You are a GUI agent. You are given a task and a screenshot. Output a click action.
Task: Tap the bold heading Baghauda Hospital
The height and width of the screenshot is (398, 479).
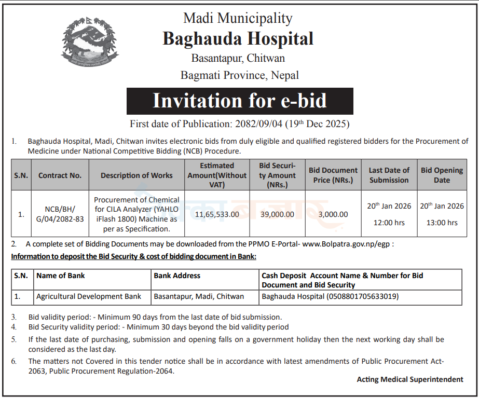point(238,38)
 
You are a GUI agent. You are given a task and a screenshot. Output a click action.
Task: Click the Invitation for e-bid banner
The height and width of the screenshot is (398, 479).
point(240,101)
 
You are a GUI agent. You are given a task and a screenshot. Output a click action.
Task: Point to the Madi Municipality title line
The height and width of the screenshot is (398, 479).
point(238,18)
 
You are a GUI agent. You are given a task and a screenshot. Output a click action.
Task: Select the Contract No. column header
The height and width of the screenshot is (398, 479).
point(60,175)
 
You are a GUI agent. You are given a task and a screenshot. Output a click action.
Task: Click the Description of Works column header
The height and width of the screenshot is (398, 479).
point(136,175)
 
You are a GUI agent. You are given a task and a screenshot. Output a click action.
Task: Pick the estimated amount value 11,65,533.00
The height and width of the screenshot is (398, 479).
point(217,214)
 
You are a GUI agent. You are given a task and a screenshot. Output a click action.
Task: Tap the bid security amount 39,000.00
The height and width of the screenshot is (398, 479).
point(277,214)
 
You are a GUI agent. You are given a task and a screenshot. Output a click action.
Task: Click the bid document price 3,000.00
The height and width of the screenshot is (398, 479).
point(333,214)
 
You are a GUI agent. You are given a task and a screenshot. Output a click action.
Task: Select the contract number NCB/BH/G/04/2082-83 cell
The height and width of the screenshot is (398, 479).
point(60,214)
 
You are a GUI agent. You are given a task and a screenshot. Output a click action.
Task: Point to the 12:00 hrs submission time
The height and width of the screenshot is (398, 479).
point(389,223)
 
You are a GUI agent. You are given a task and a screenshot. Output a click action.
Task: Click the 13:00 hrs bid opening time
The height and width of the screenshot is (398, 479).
point(442,223)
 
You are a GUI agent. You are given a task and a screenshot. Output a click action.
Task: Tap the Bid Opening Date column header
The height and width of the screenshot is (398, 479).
point(442,175)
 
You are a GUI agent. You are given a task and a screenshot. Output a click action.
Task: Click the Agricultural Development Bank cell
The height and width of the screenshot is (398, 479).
point(89,297)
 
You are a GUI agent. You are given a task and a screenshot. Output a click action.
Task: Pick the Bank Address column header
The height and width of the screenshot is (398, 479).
point(177,276)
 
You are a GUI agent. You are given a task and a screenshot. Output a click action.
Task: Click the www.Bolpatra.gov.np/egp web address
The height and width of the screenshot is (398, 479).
point(347,244)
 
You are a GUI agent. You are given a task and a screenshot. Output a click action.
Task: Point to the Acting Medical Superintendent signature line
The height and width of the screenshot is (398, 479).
point(410,379)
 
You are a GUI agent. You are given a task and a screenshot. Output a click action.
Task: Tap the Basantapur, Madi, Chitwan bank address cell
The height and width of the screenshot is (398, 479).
point(199,297)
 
